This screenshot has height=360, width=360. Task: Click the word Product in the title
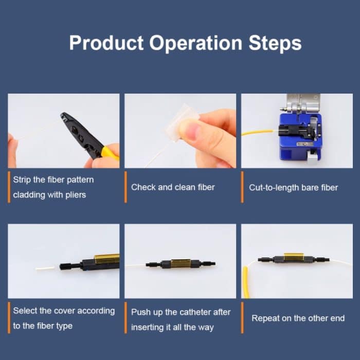[x=106, y=43]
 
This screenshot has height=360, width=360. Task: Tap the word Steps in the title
[x=275, y=44]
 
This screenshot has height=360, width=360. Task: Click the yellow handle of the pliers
[x=110, y=153]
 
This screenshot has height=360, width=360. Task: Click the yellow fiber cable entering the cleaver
[x=257, y=132]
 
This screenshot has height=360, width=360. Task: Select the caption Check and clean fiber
[x=173, y=187]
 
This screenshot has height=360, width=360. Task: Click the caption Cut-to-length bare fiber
[x=294, y=188]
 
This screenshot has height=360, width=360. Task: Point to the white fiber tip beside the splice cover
[x=45, y=268]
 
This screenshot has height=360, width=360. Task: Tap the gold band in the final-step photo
[x=294, y=257]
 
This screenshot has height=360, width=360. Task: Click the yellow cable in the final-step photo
[x=246, y=282]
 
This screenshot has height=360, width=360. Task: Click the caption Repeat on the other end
[x=298, y=318]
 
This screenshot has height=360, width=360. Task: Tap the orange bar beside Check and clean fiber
[x=125, y=187]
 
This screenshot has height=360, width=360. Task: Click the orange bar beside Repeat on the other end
[x=242, y=317]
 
